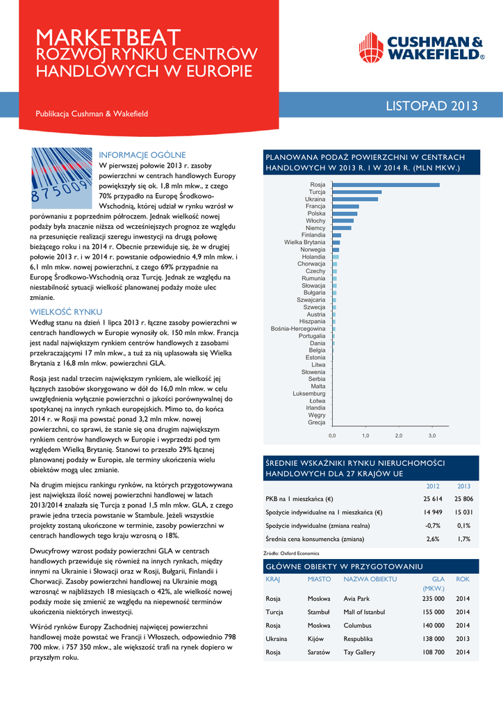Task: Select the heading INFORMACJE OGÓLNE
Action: point(142,154)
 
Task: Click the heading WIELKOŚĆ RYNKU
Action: point(66,311)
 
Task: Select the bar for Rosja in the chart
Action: point(386,184)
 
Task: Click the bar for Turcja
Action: point(356,192)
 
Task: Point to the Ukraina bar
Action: point(355,199)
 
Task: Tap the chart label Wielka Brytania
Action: point(304,242)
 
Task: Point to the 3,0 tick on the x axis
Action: point(431,435)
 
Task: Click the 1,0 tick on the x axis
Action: point(365,435)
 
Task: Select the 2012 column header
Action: point(432,486)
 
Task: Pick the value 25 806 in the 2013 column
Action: point(463,499)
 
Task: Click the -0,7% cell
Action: point(432,526)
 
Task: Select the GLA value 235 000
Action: point(433,599)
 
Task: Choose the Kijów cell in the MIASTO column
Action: point(317,638)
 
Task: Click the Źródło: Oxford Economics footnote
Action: point(292,553)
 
